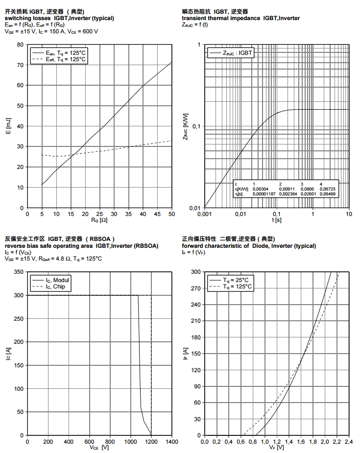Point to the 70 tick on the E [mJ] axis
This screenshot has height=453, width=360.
pyautogui.click(x=20, y=65)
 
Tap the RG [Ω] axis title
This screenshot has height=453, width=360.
pyautogui.click(x=99, y=220)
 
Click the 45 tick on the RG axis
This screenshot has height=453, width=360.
pyautogui.click(x=157, y=214)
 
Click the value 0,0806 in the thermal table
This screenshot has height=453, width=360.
pyautogui.click(x=308, y=189)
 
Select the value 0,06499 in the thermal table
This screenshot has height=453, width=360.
pyautogui.click(x=328, y=194)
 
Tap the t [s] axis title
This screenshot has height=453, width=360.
pyautogui.click(x=277, y=220)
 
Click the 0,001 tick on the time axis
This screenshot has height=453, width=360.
pyautogui.click(x=204, y=214)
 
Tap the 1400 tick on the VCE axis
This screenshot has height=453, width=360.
pyautogui.click(x=172, y=441)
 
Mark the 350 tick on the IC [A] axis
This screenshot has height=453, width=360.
pyautogui.click(x=19, y=272)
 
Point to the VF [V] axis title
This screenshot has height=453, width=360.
pyautogui.click(x=277, y=448)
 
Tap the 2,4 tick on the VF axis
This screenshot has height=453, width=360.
pyautogui.click(x=349, y=441)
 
